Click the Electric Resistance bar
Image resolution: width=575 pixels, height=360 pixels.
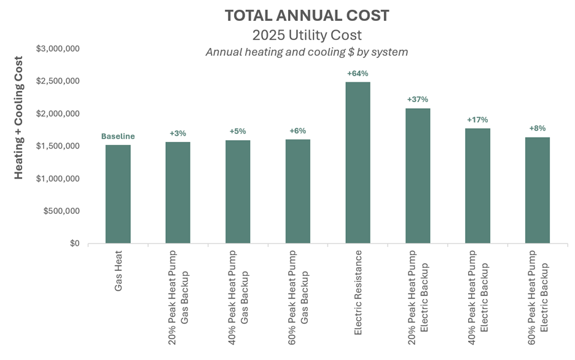click(358, 163)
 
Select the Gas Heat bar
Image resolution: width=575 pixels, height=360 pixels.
click(118, 194)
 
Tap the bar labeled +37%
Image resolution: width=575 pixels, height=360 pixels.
click(418, 176)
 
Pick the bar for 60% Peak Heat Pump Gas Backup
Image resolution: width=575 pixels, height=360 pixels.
click(298, 192)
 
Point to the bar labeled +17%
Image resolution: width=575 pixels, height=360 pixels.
click(478, 186)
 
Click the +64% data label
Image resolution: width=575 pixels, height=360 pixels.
click(358, 74)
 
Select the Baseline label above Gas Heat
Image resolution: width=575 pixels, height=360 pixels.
click(118, 136)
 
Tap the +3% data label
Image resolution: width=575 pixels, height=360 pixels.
click(178, 133)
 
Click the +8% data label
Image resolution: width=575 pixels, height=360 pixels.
click(538, 128)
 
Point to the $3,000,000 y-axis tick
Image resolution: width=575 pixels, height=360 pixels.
click(57, 49)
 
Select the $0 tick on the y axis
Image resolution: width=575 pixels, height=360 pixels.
click(73, 243)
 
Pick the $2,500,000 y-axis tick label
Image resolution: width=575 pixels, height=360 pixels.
click(57, 81)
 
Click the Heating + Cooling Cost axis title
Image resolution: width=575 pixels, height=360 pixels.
click(19, 117)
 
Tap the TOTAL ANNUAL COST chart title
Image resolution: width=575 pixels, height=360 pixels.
click(307, 15)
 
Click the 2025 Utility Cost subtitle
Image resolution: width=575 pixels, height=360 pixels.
click(307, 34)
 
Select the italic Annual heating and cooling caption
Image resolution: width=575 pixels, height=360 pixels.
click(307, 52)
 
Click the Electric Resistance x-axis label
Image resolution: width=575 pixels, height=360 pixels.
click(358, 275)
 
